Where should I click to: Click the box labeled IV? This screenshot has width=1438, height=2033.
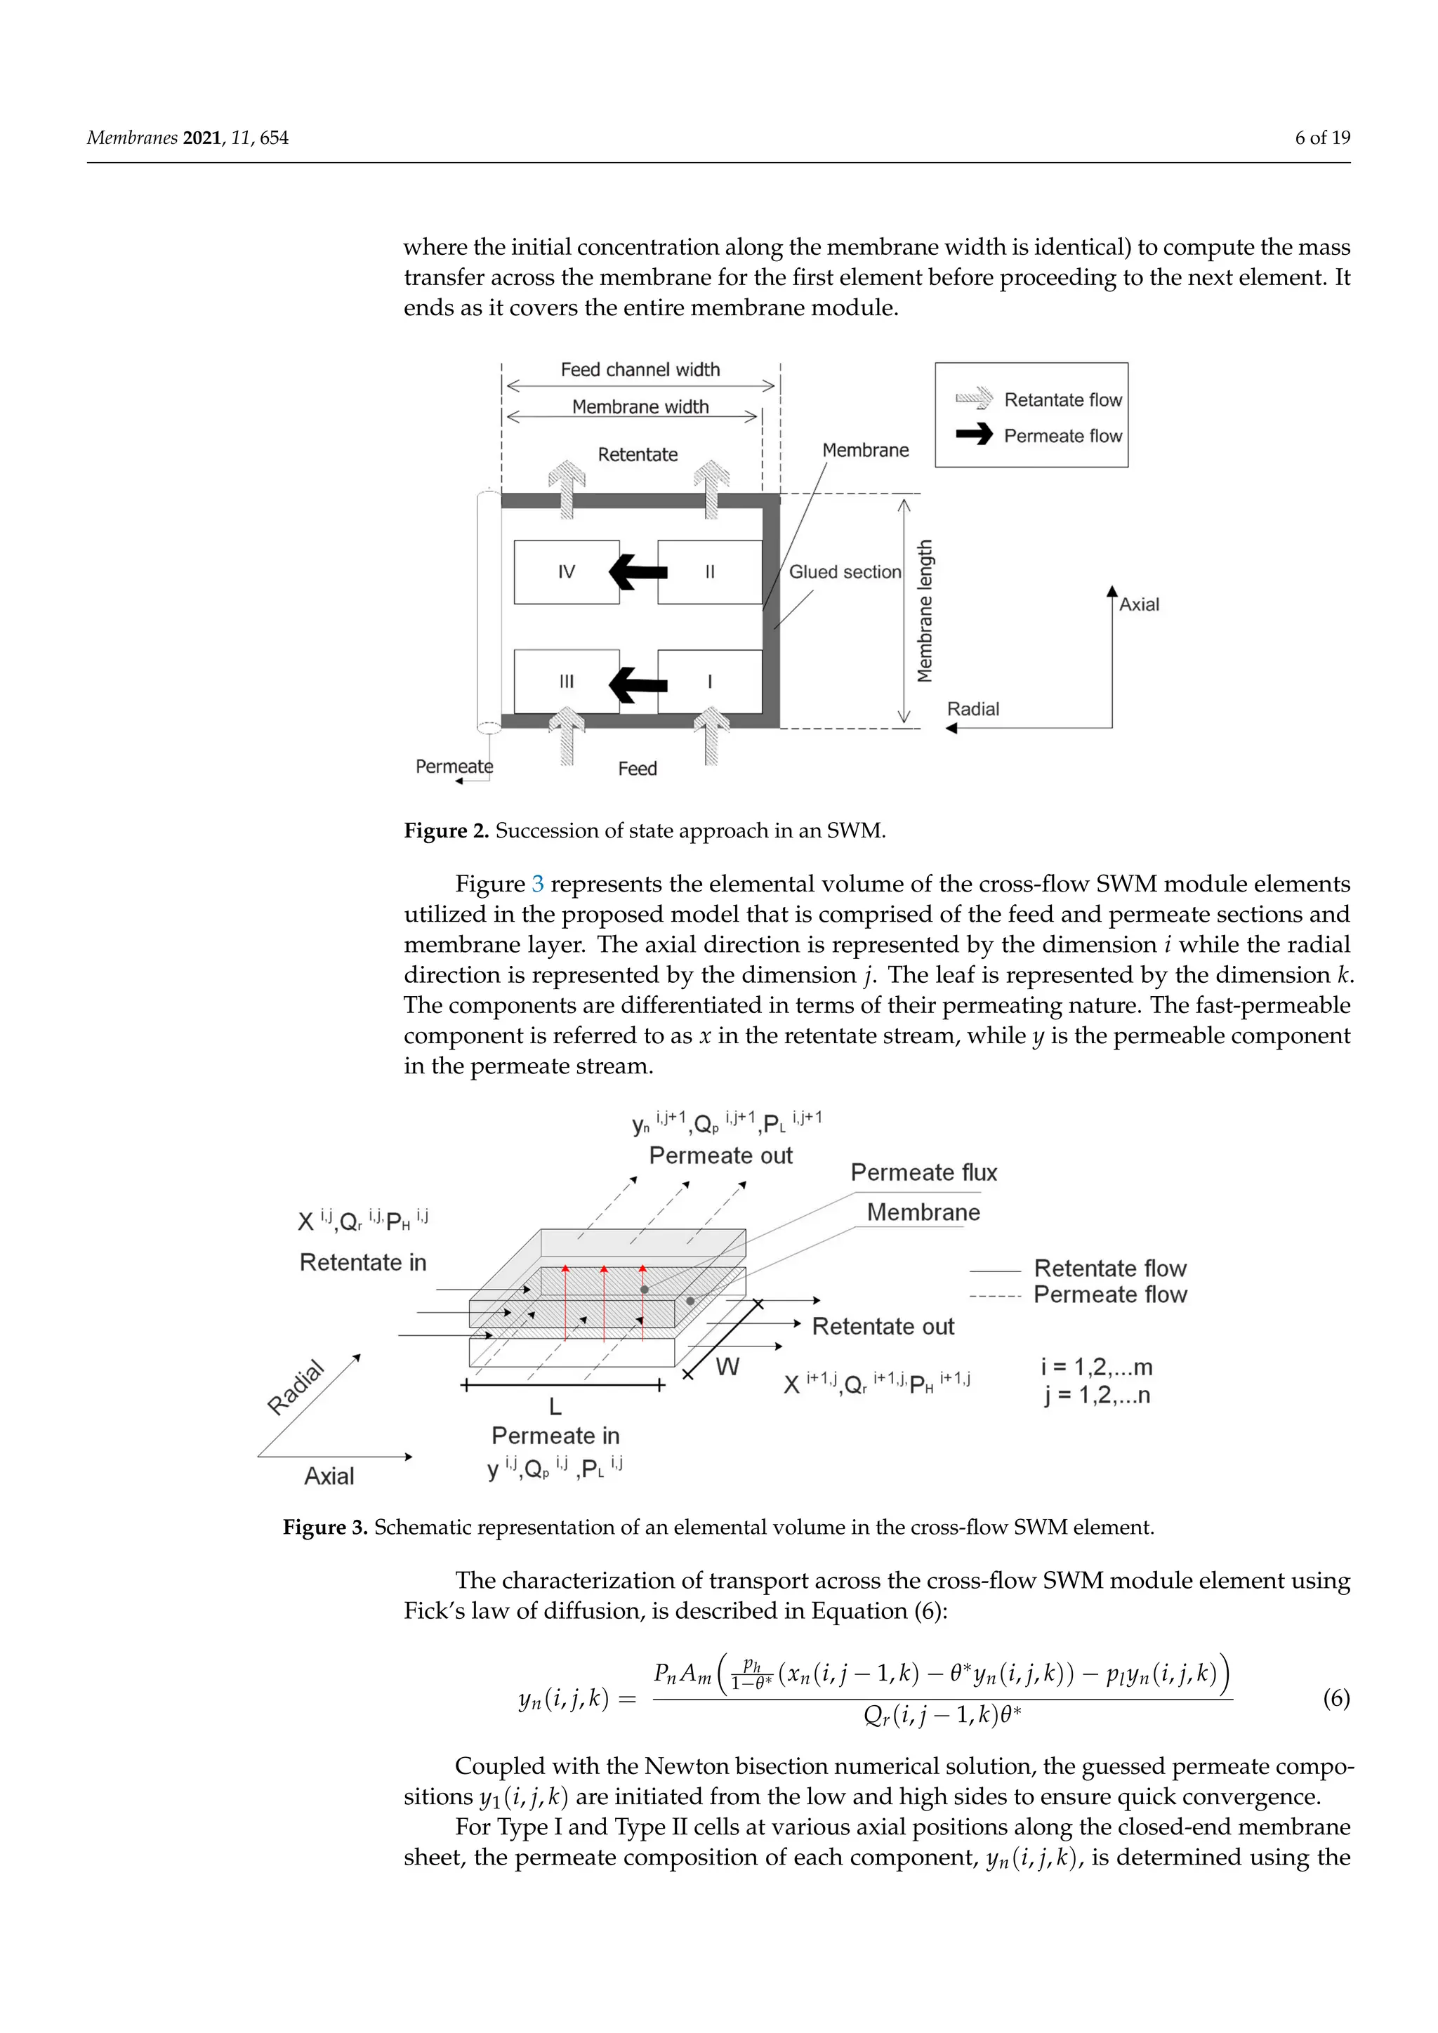pos(566,572)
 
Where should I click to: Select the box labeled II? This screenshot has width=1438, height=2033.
pos(709,572)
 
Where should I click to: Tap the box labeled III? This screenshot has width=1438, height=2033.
pos(566,681)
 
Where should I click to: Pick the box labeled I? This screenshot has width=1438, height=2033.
pos(709,681)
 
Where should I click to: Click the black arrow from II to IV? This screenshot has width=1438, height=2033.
pos(638,572)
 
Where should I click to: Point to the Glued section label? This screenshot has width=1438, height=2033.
pos(845,572)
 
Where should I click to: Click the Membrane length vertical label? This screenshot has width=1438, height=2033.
pos(925,611)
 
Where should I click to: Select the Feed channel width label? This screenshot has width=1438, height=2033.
pos(640,370)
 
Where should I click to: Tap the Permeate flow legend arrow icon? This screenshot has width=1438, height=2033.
pos(974,435)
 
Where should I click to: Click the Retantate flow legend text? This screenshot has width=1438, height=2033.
pos(1062,400)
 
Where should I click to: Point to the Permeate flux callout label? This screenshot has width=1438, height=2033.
pos(923,1172)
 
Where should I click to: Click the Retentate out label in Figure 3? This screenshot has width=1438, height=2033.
pos(883,1326)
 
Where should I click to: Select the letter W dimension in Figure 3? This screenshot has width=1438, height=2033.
pos(727,1367)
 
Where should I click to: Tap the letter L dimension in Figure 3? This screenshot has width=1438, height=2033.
pos(555,1406)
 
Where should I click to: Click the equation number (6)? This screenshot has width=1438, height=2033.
pos(1335,1698)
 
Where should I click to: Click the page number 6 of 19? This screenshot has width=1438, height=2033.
pos(1322,138)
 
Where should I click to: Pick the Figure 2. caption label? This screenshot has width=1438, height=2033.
pos(447,830)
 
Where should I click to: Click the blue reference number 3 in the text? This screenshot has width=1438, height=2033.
pos(537,885)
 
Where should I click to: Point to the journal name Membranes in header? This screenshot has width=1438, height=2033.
pos(132,138)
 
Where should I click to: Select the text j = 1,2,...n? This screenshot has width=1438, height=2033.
pos(1096,1396)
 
